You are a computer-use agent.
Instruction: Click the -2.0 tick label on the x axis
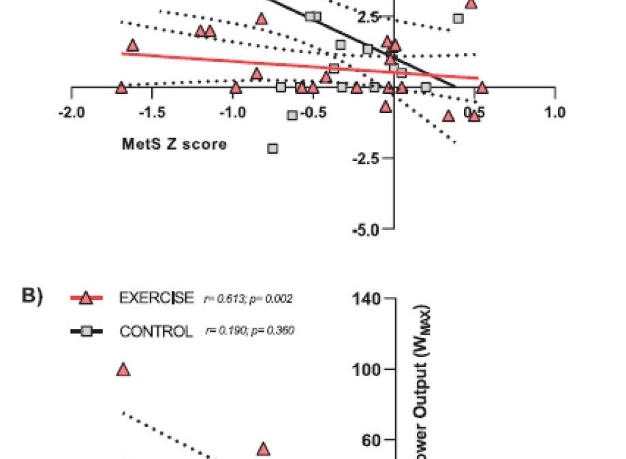(x=72, y=112)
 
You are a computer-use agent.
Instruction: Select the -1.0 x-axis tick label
(x=233, y=112)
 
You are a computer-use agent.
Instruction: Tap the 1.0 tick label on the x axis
(x=556, y=112)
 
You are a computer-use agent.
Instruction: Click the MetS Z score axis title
(x=174, y=144)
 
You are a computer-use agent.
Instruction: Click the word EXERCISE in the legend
(x=157, y=298)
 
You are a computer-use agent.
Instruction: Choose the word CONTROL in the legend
(x=157, y=332)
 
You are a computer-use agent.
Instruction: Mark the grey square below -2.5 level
(x=273, y=148)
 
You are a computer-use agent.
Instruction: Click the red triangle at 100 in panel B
(x=123, y=370)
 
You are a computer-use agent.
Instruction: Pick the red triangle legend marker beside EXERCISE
(x=85, y=297)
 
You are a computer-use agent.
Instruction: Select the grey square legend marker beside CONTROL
(x=85, y=331)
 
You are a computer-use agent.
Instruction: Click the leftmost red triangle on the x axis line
(x=121, y=88)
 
